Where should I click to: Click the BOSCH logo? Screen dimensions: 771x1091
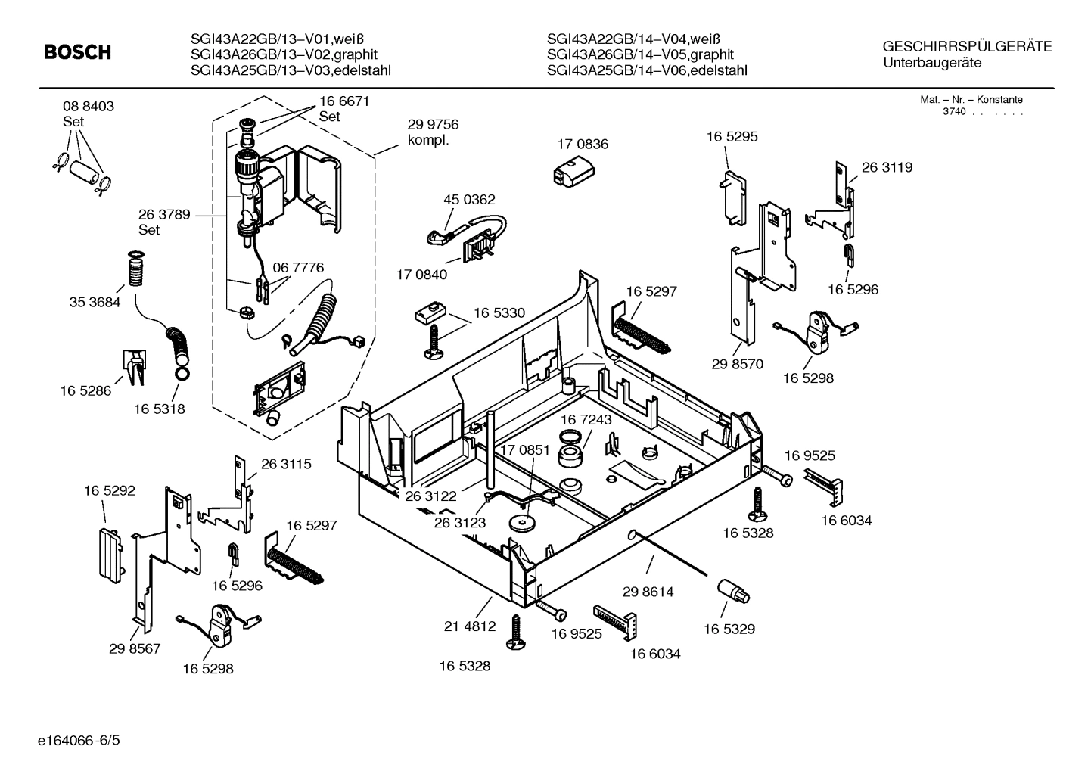point(77,52)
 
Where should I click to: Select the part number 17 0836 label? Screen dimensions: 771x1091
point(582,144)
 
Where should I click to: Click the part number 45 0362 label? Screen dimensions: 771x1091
point(468,200)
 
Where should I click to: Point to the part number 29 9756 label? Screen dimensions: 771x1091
point(433,125)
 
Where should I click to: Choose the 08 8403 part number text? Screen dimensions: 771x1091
point(89,107)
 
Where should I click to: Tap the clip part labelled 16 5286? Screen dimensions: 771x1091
point(134,366)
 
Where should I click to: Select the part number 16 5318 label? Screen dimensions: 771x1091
point(159,409)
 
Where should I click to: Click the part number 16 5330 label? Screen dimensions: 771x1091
point(499,312)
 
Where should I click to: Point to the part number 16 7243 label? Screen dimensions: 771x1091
point(586,419)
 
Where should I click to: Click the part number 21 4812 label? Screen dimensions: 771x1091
point(469,626)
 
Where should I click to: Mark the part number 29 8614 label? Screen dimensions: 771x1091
point(648,592)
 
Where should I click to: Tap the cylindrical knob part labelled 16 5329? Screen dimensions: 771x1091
point(732,590)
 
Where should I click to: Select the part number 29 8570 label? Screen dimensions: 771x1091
point(737,364)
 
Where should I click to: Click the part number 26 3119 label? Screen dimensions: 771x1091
point(887,168)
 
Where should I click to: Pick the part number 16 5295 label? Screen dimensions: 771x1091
point(732,137)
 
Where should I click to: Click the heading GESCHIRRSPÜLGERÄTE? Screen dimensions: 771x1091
point(967,46)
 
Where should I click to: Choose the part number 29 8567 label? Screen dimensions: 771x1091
point(135,648)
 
